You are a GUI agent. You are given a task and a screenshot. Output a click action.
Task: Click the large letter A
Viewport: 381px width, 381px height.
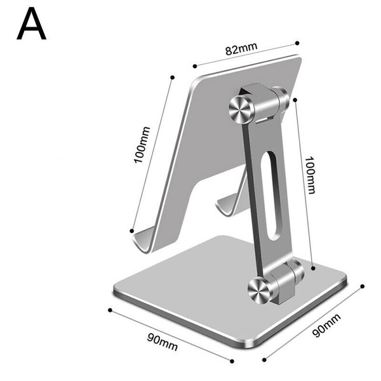(31, 23)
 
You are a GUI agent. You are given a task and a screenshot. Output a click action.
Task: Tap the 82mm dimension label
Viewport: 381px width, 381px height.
(241, 49)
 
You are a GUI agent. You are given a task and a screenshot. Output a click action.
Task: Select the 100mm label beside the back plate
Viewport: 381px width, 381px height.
(142, 145)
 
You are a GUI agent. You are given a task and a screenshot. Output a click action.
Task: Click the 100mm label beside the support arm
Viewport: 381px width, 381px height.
(311, 175)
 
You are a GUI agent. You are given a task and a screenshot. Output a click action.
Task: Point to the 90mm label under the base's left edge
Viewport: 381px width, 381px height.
(163, 342)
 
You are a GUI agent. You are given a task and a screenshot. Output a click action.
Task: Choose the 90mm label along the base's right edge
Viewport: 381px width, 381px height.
(326, 326)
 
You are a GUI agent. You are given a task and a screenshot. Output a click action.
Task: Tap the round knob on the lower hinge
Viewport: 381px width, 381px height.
(259, 291)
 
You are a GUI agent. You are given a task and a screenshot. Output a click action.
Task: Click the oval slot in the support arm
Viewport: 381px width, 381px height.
(272, 196)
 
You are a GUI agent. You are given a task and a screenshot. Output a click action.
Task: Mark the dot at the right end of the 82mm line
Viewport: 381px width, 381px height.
(297, 43)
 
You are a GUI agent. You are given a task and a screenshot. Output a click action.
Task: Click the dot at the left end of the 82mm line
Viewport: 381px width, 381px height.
(195, 66)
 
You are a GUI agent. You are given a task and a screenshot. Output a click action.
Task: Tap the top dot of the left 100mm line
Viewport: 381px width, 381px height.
(173, 77)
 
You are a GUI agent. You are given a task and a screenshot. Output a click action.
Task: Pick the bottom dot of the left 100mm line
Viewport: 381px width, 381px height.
(131, 231)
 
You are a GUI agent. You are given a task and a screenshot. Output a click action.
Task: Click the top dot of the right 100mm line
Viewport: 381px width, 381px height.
(295, 100)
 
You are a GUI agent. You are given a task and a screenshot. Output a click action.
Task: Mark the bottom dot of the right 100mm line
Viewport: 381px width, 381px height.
(313, 268)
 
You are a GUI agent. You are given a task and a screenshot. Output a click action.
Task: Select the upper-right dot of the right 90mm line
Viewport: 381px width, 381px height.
(363, 286)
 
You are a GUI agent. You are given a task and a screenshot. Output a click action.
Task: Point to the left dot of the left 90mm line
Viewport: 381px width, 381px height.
(110, 310)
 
